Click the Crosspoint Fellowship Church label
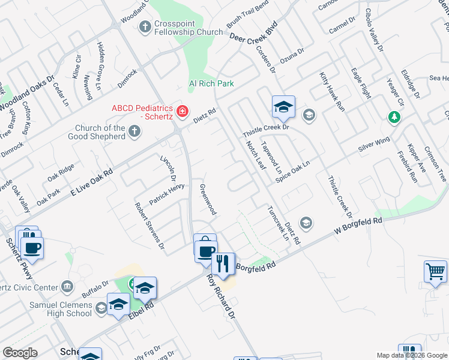[x=188, y=27]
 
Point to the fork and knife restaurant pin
[x=223, y=263]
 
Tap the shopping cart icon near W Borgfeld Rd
[x=435, y=271]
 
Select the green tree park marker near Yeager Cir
[x=394, y=118]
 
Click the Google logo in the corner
[x=20, y=353]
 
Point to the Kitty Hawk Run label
[x=332, y=92]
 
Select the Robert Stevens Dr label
[x=149, y=225]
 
